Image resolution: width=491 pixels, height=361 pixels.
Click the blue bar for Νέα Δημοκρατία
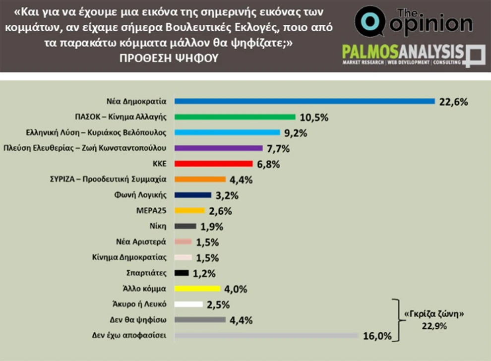305,101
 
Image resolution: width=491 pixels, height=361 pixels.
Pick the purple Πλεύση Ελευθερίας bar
219,148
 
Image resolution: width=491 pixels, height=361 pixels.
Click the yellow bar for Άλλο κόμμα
198,288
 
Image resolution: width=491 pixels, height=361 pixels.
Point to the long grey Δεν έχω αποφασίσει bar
267,336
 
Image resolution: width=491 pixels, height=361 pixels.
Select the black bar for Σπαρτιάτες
182,273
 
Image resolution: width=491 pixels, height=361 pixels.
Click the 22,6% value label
453,102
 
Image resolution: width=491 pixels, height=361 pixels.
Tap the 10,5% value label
314,118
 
